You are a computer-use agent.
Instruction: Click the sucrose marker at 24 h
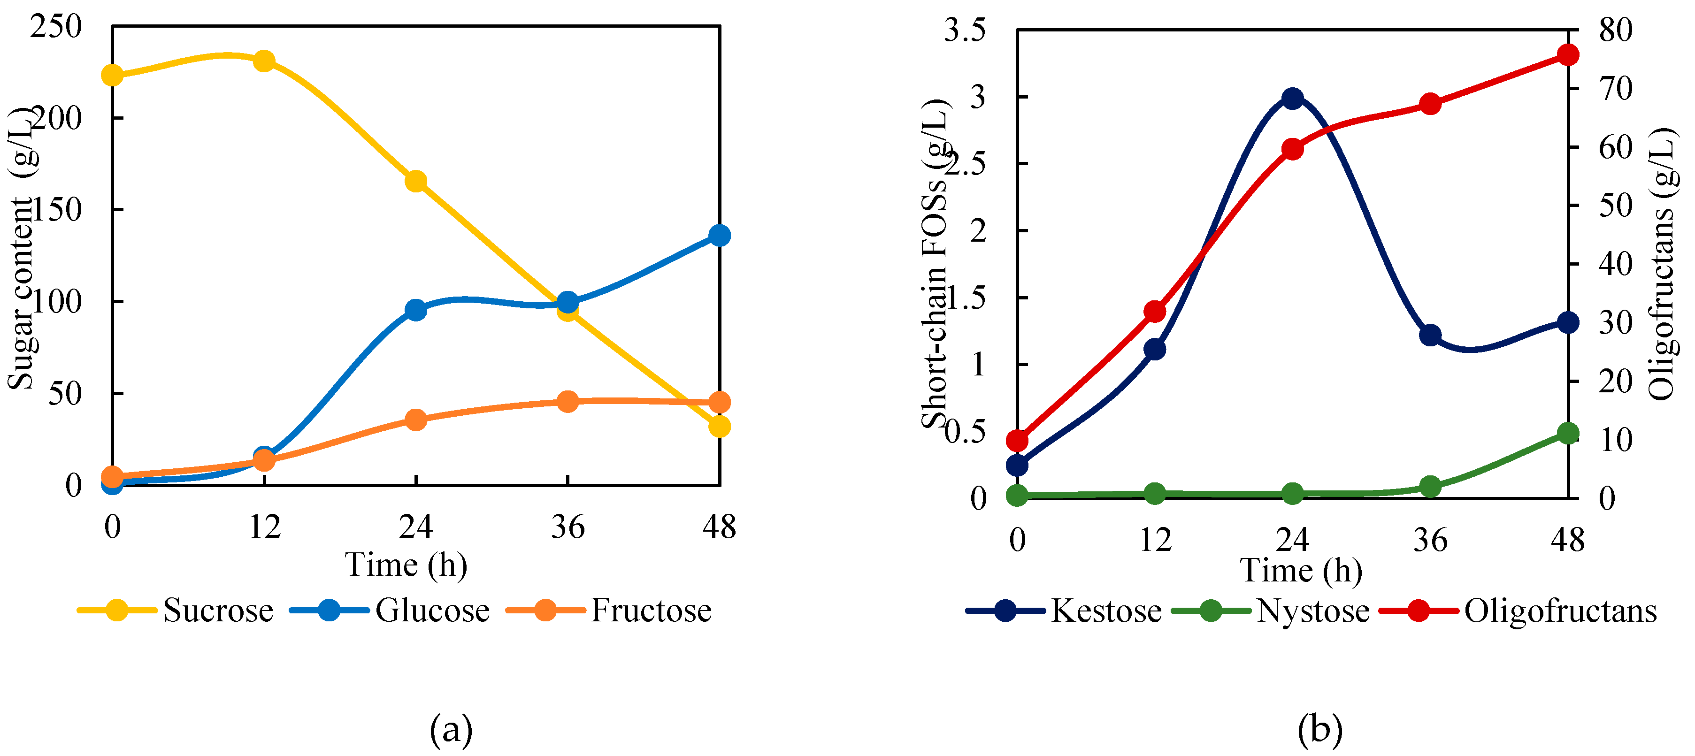tap(416, 182)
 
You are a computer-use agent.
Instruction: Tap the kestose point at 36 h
tap(1430, 336)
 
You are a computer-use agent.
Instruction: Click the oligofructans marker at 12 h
tap(1155, 312)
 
